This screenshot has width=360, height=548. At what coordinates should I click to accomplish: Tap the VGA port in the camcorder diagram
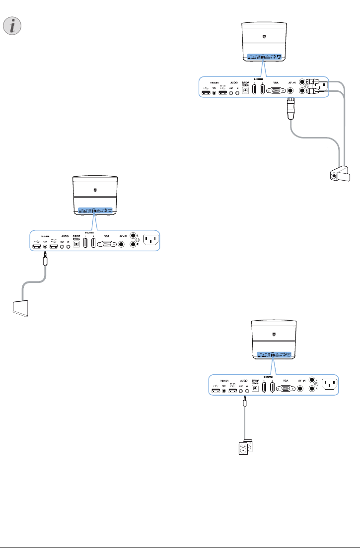(276, 91)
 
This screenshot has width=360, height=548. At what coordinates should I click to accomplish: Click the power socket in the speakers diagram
(329, 384)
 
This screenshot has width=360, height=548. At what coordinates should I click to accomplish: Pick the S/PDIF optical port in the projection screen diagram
(76, 244)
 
